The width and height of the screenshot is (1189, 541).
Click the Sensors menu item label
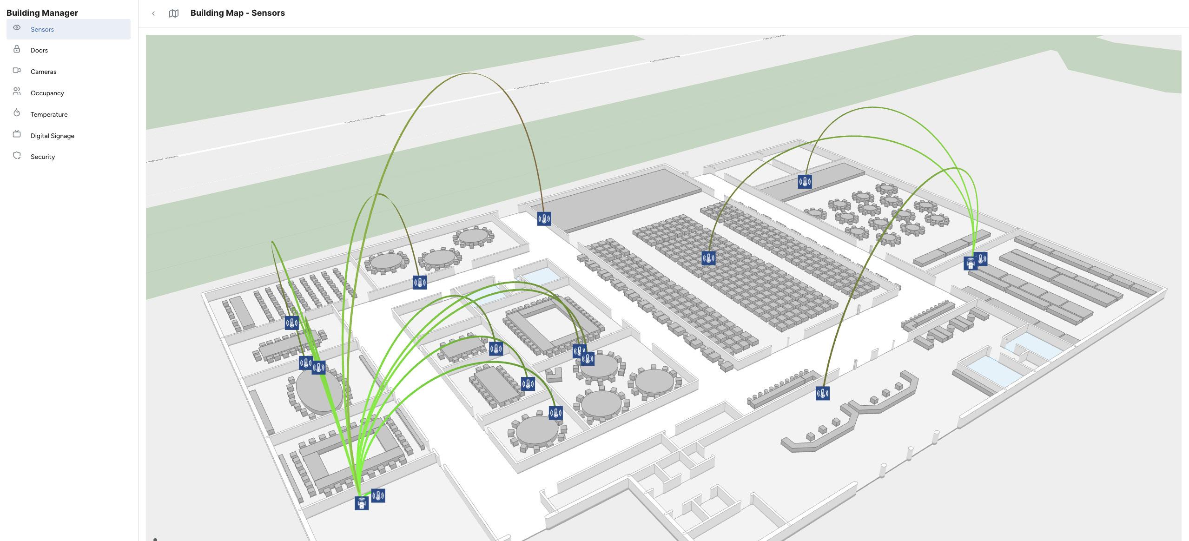pyautogui.click(x=42, y=29)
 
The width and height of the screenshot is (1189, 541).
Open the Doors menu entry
pyautogui.click(x=39, y=50)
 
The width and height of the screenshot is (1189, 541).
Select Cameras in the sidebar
pyautogui.click(x=43, y=72)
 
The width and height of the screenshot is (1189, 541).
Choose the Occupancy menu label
pyautogui.click(x=47, y=93)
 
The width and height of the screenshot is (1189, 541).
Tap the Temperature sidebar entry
pyautogui.click(x=49, y=114)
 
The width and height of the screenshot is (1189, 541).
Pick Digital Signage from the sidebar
pyautogui.click(x=52, y=136)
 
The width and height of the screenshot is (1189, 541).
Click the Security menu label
pyautogui.click(x=43, y=157)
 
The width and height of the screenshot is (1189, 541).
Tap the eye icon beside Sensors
pyautogui.click(x=17, y=28)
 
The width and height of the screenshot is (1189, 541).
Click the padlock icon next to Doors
pyautogui.click(x=17, y=49)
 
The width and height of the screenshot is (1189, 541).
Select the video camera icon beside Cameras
pyautogui.click(x=17, y=70)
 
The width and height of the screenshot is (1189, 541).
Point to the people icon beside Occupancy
pyautogui.click(x=17, y=92)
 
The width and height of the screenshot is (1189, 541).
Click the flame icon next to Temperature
pyautogui.click(x=17, y=112)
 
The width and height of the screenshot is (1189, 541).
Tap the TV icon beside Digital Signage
pyautogui.click(x=17, y=134)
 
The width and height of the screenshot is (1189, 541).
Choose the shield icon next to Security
pyautogui.click(x=17, y=155)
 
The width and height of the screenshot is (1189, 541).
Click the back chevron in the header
pyautogui.click(x=153, y=13)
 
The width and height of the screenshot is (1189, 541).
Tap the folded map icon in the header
pyautogui.click(x=174, y=13)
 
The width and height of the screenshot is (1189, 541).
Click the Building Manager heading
pyautogui.click(x=42, y=13)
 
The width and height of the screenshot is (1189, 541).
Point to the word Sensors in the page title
pyautogui.click(x=268, y=13)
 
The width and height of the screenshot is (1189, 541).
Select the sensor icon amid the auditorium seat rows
pyautogui.click(x=708, y=258)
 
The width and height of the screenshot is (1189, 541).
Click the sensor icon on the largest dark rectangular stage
pyautogui.click(x=544, y=219)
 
